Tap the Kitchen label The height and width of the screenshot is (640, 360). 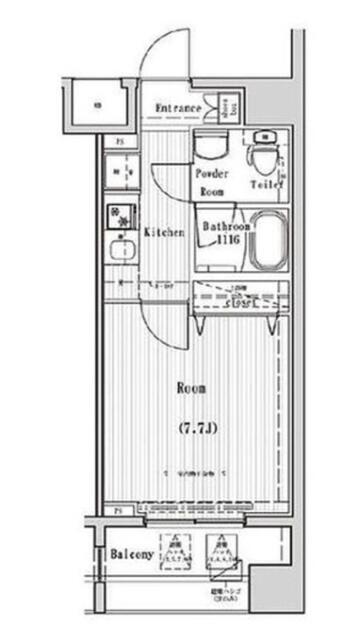click(164, 232)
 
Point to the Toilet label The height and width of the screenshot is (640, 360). click(266, 184)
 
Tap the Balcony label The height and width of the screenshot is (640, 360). click(131, 553)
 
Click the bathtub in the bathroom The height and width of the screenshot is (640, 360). click(268, 241)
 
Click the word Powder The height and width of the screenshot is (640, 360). click(210, 173)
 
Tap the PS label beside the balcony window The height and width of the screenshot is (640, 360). click(118, 513)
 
